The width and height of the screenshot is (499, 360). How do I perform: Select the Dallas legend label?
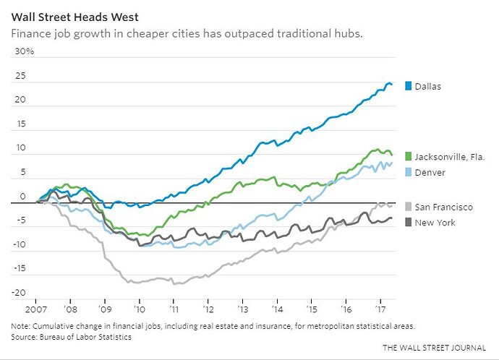(x=428, y=87)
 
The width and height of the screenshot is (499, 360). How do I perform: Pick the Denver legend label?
(x=430, y=172)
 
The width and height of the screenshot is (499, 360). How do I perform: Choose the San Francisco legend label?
(x=444, y=207)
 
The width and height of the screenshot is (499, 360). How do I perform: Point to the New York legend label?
(x=435, y=223)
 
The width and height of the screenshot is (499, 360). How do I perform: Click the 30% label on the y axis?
(x=25, y=52)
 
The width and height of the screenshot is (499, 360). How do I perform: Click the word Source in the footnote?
(x=25, y=336)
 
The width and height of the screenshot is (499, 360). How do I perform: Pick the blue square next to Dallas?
(x=409, y=87)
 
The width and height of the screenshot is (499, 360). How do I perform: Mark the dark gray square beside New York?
(x=409, y=223)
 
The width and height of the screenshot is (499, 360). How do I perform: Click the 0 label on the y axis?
(x=22, y=196)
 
